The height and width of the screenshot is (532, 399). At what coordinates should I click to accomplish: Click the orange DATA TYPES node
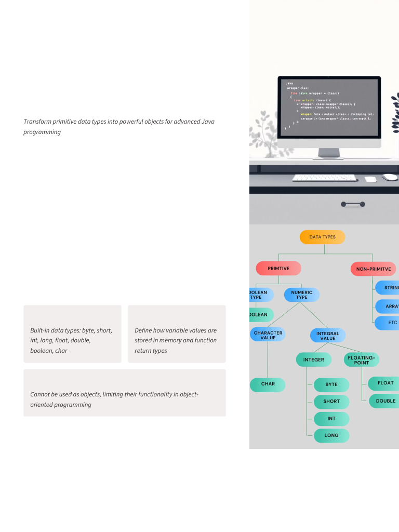tap(322, 237)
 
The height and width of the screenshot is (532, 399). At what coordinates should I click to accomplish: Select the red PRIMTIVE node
tap(278, 268)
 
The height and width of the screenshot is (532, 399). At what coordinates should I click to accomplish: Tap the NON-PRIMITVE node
tap(373, 269)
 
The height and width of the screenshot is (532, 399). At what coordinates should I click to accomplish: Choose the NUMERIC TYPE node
tap(301, 295)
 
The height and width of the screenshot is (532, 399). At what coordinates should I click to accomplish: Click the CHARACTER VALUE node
tap(268, 335)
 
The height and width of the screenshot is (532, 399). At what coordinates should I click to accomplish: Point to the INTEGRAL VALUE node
tap(327, 336)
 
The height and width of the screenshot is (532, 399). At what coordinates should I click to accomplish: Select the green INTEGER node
tap(313, 360)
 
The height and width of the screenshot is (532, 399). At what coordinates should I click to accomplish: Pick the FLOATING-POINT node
tap(361, 360)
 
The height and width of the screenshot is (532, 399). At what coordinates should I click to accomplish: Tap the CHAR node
tap(268, 384)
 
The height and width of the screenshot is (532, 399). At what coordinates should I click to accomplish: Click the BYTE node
tap(331, 385)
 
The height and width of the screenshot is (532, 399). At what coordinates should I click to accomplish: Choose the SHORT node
tap(331, 402)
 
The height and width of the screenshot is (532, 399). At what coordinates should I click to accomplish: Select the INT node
tap(331, 419)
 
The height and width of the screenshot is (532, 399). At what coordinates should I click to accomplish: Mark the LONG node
tap(331, 436)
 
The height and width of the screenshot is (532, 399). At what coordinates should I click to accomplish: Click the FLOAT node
tap(385, 383)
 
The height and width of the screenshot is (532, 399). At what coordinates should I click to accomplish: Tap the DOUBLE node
tap(385, 401)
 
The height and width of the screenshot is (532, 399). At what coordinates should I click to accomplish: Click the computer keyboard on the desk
tap(324, 178)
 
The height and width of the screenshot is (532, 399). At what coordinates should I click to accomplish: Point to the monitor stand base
tap(329, 156)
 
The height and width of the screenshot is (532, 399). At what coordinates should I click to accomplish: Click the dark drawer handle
tap(353, 204)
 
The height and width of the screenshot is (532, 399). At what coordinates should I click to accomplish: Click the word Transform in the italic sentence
tap(37, 122)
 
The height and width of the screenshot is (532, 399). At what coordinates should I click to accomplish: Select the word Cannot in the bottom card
tap(40, 394)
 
